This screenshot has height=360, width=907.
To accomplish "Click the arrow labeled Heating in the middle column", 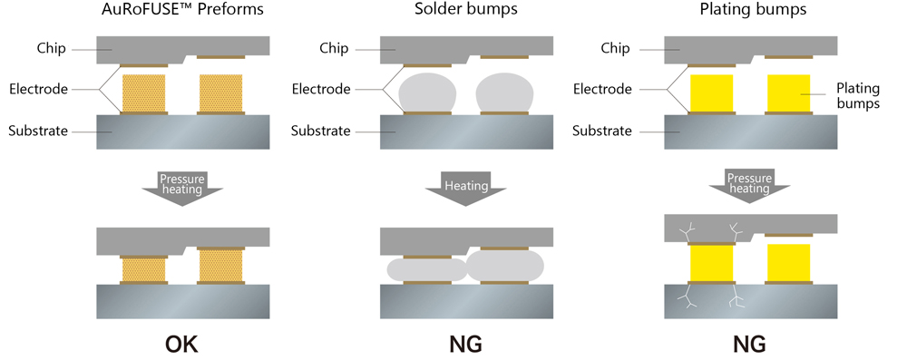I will coord(465,188).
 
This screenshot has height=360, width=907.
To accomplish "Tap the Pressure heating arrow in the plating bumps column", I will coord(748,183).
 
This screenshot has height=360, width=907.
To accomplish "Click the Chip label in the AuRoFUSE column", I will coord(51,48).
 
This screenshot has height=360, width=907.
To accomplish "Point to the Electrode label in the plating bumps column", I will coord(602,90).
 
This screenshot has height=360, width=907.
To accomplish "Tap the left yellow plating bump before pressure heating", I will coord(711,92).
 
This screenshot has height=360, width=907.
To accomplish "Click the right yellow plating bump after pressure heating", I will coord(787,262).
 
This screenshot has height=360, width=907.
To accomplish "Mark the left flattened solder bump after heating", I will coord(426,269).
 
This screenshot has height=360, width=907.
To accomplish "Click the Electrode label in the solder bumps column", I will coord(321,90).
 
